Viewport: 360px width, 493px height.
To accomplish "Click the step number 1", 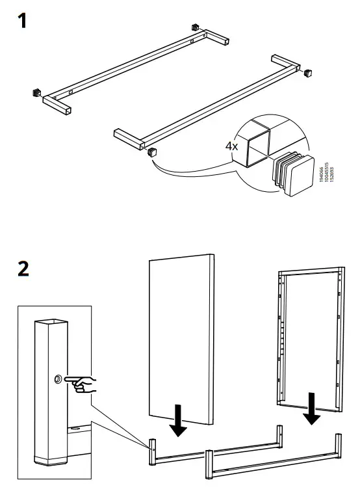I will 22,21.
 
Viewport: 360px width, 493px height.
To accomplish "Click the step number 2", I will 23,268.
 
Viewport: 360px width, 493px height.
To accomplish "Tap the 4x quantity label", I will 232,146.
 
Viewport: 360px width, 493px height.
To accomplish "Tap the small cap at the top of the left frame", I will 194,27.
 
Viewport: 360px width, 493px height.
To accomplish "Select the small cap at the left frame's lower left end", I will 36,92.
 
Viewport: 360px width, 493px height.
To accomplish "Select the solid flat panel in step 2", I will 182,335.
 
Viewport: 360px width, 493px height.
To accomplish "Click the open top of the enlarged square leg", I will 51,322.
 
